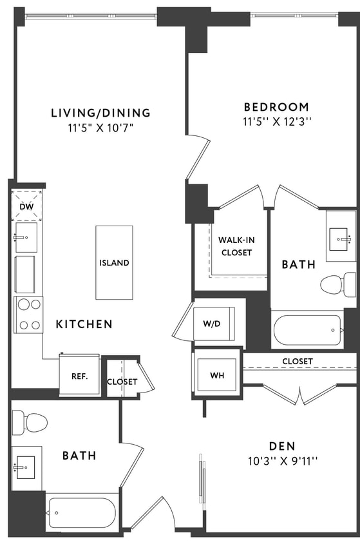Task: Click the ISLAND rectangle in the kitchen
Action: (114, 262)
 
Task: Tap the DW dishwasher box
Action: (27, 206)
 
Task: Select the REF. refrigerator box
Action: (79, 375)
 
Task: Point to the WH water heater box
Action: (216, 374)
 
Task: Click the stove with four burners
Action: (28, 315)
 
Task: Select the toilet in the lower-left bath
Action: (29, 422)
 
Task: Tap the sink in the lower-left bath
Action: (26, 464)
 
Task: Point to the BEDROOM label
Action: (276, 107)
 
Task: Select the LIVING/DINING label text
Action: (100, 113)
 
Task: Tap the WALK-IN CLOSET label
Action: (236, 246)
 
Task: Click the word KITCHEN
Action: (84, 324)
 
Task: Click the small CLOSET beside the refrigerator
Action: (122, 381)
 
